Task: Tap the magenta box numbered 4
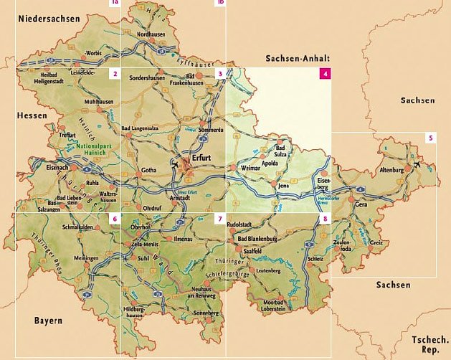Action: point(326,73)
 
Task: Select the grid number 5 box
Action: point(430,138)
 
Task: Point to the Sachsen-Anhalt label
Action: point(296,58)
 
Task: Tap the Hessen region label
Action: point(32,115)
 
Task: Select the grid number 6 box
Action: point(114,218)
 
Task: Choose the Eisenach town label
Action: point(57,167)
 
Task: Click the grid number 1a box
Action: point(114,3)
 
